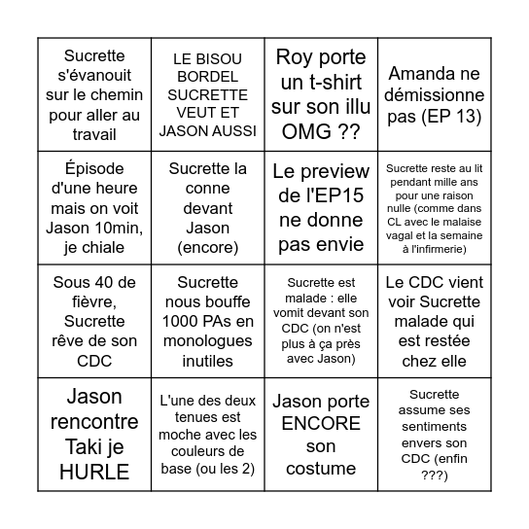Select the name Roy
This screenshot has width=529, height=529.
[x=297, y=56]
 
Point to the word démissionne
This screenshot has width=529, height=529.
[x=435, y=95]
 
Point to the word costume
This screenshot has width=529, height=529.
[x=321, y=470]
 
